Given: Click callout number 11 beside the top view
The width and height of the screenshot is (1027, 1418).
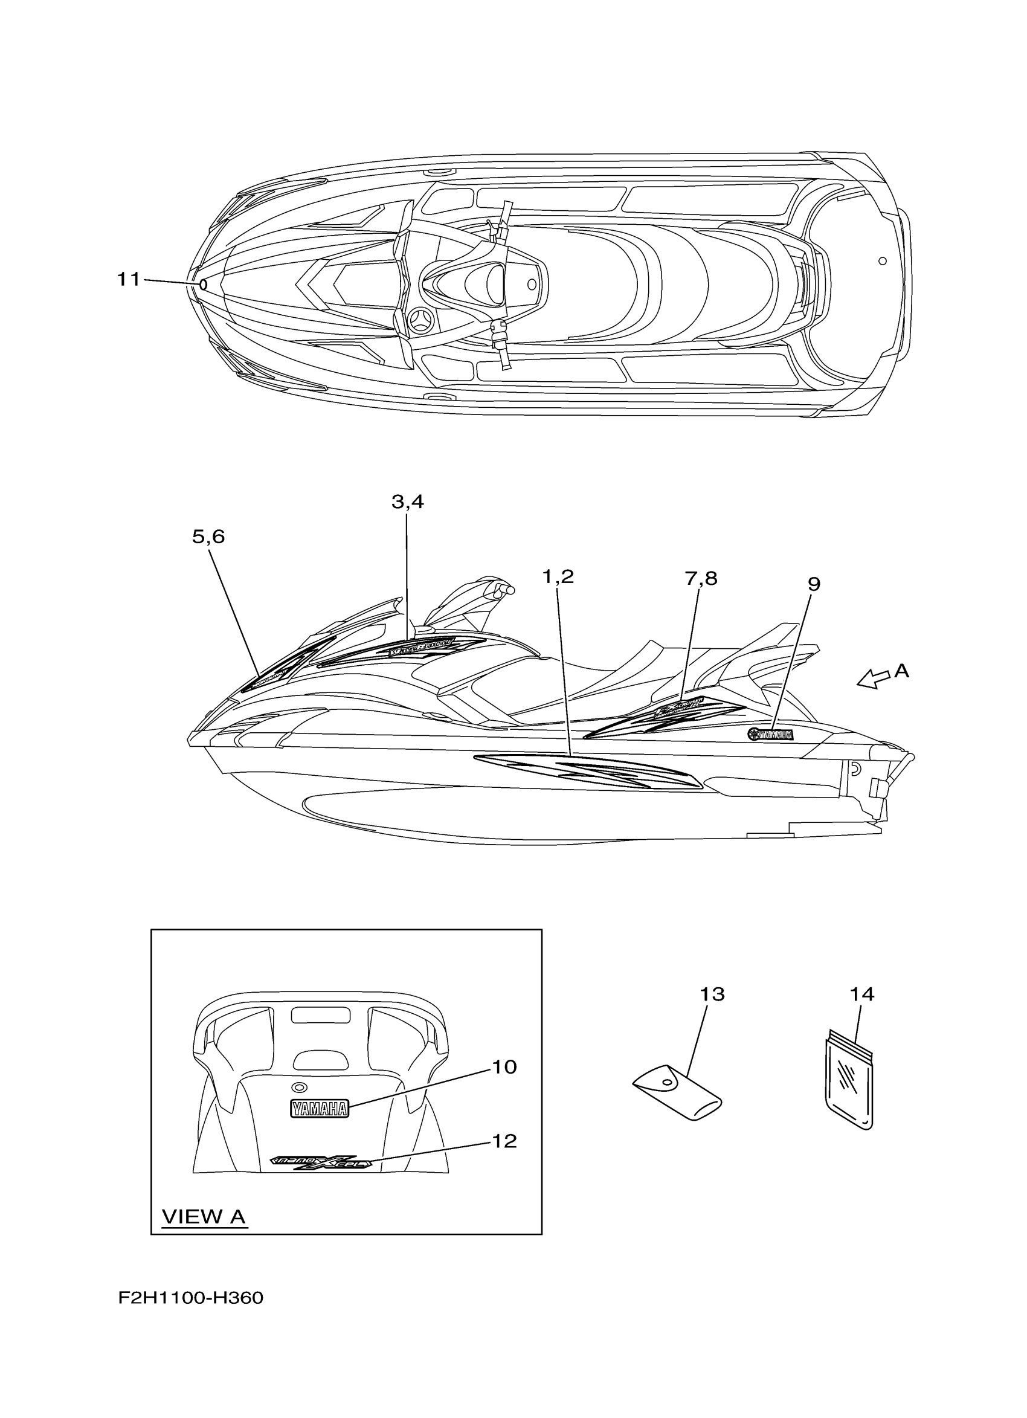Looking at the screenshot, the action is point(129,280).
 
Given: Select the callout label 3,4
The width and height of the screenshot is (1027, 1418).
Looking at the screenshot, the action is point(408,501).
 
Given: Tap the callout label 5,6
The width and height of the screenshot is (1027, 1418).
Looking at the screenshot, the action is point(208,537).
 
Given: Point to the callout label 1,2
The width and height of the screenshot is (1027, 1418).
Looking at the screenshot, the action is point(558,576).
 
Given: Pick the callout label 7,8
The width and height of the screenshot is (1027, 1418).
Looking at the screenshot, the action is point(701,579).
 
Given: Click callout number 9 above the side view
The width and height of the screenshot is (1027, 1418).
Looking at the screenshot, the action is point(813,584).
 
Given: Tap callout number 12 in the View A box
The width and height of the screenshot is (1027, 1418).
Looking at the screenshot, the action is point(504,1141).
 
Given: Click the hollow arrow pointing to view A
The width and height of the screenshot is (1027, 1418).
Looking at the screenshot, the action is point(874,679).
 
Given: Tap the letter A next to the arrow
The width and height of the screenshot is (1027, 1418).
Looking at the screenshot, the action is point(901,671).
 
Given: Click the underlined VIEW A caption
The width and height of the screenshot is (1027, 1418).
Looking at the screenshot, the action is point(204,1217).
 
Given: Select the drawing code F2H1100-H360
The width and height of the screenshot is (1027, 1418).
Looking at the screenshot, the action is point(191,1315).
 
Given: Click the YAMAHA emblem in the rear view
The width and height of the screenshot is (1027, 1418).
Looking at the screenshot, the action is point(319,1109).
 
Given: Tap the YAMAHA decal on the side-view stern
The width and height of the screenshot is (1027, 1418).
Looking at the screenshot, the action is point(770,735).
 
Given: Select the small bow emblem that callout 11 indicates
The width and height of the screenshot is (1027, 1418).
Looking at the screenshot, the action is point(202,285).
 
